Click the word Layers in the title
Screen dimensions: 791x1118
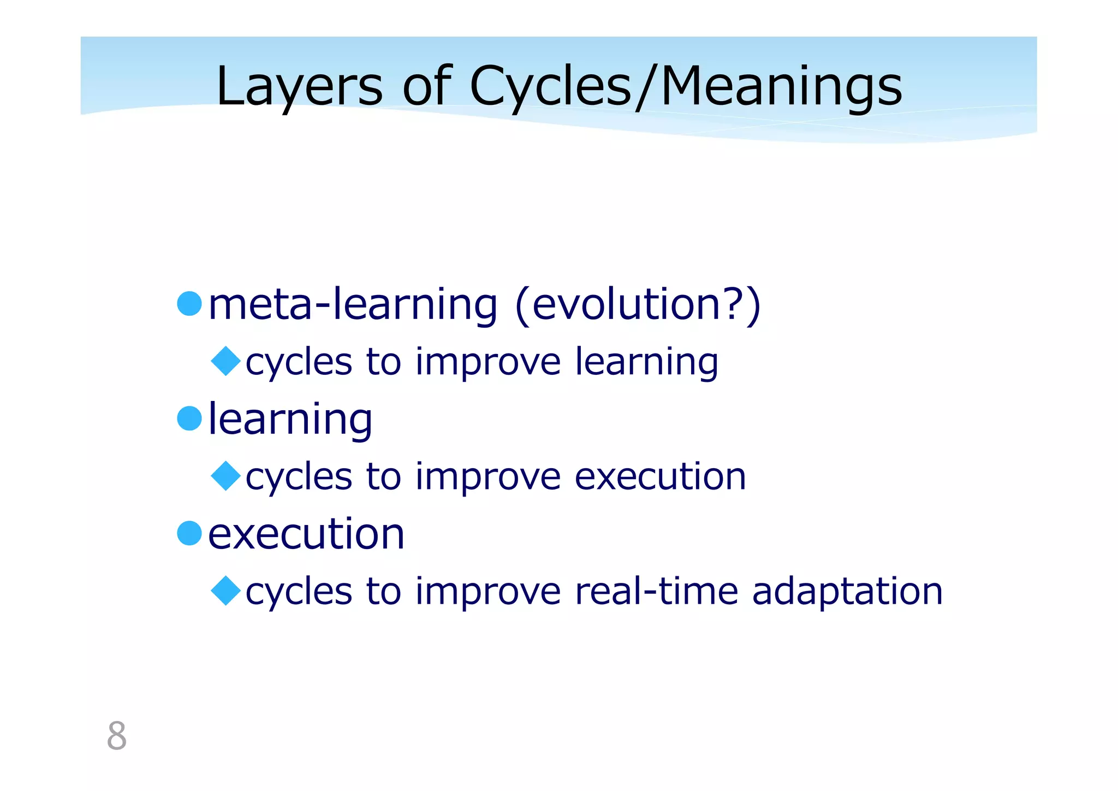click(x=299, y=87)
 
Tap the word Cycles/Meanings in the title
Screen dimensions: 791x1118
click(x=686, y=87)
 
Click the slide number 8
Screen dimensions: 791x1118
click(x=117, y=736)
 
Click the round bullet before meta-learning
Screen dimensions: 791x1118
click(x=189, y=303)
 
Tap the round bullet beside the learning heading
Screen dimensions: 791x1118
click(x=189, y=418)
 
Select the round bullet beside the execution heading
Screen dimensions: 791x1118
click(x=189, y=533)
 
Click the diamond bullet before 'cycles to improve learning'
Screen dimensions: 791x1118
click(x=225, y=361)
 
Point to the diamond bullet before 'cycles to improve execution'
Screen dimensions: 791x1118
click(x=225, y=476)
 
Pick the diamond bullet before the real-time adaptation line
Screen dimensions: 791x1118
click(x=225, y=591)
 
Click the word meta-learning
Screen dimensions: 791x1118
click(x=353, y=304)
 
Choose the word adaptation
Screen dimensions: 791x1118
click(x=847, y=592)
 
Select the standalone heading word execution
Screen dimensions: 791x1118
click(x=306, y=534)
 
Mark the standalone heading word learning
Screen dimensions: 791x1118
click(x=290, y=420)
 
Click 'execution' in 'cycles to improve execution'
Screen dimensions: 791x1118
click(x=660, y=477)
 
